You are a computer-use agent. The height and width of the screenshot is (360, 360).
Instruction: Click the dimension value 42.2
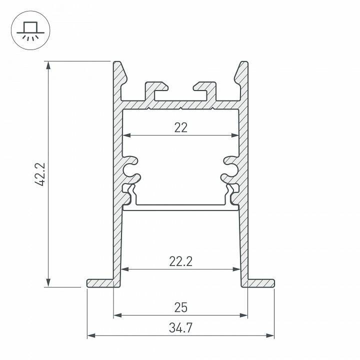click(42, 174)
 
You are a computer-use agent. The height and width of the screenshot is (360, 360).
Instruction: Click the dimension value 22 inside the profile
click(180, 127)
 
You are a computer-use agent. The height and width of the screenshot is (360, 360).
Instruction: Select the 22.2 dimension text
click(180, 261)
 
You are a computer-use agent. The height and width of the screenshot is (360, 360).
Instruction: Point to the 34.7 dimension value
click(180, 328)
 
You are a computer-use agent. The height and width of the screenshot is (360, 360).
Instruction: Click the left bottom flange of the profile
click(101, 283)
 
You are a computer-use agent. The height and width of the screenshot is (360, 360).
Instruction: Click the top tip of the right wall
click(243, 64)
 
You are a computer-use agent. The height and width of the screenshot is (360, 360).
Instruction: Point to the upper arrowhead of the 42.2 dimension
click(48, 64)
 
